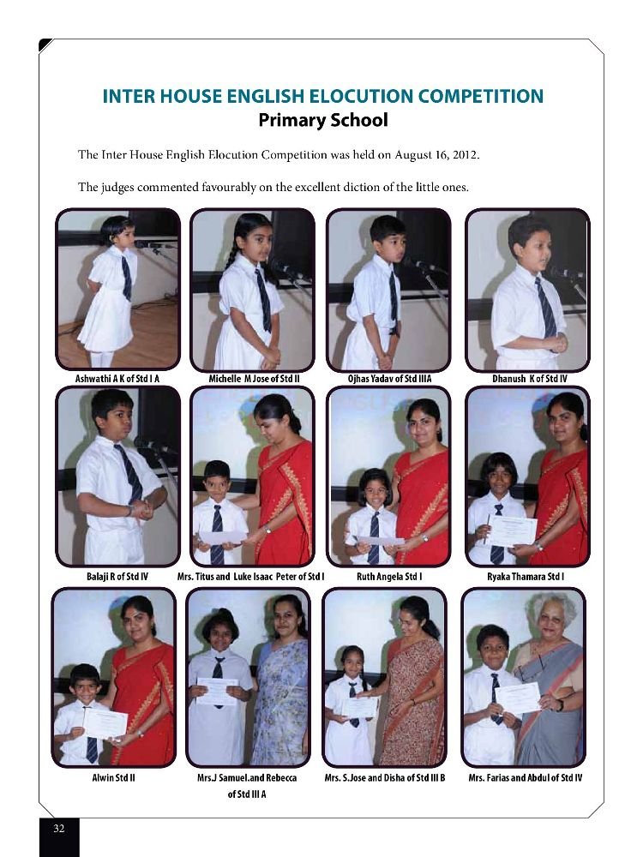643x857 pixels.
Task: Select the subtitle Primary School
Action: click(322, 120)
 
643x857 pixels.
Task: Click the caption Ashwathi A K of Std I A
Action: click(117, 378)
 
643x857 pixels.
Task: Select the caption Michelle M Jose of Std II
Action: click(254, 378)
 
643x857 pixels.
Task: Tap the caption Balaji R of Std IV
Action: click(117, 577)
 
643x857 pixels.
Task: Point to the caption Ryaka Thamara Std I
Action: click(526, 577)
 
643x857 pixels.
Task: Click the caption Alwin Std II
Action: click(114, 778)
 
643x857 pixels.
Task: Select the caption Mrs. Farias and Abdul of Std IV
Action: click(526, 778)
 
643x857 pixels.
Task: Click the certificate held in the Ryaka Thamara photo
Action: click(512, 531)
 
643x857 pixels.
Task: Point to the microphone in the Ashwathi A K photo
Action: click(146, 244)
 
